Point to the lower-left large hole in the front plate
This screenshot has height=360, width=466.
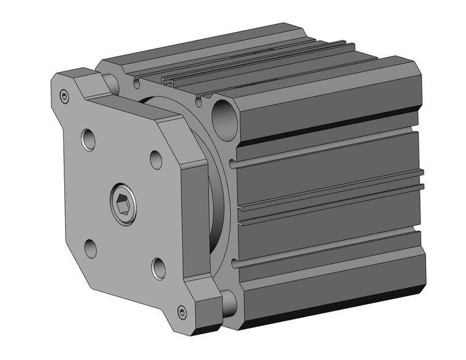[x=90, y=248]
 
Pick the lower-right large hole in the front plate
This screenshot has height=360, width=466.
[x=158, y=267]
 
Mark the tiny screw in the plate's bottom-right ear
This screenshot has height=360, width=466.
[x=182, y=312]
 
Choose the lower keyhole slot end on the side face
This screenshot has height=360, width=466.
[x=233, y=265]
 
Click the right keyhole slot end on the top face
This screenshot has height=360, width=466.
[x=201, y=97]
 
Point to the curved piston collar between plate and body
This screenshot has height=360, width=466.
[x=215, y=202]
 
